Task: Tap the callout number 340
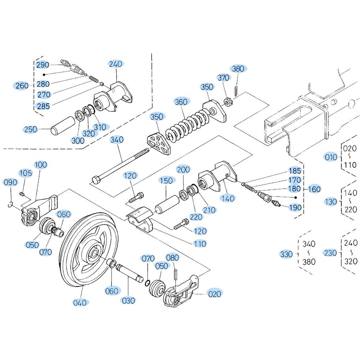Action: pyautogui.click(x=117, y=140)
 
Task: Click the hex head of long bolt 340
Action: pyautogui.click(x=96, y=180)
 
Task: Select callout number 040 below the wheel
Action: pyautogui.click(x=80, y=303)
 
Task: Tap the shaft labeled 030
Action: pyautogui.click(x=129, y=273)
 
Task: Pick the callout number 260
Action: pyautogui.click(x=22, y=86)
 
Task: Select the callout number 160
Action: pyautogui.click(x=314, y=189)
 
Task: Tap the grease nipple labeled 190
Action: pyautogui.click(x=275, y=203)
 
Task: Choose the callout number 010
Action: pyautogui.click(x=331, y=157)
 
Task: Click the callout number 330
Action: pyautogui.click(x=286, y=254)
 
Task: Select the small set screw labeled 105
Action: pyautogui.click(x=22, y=194)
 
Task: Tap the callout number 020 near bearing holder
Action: pyautogui.click(x=215, y=294)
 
